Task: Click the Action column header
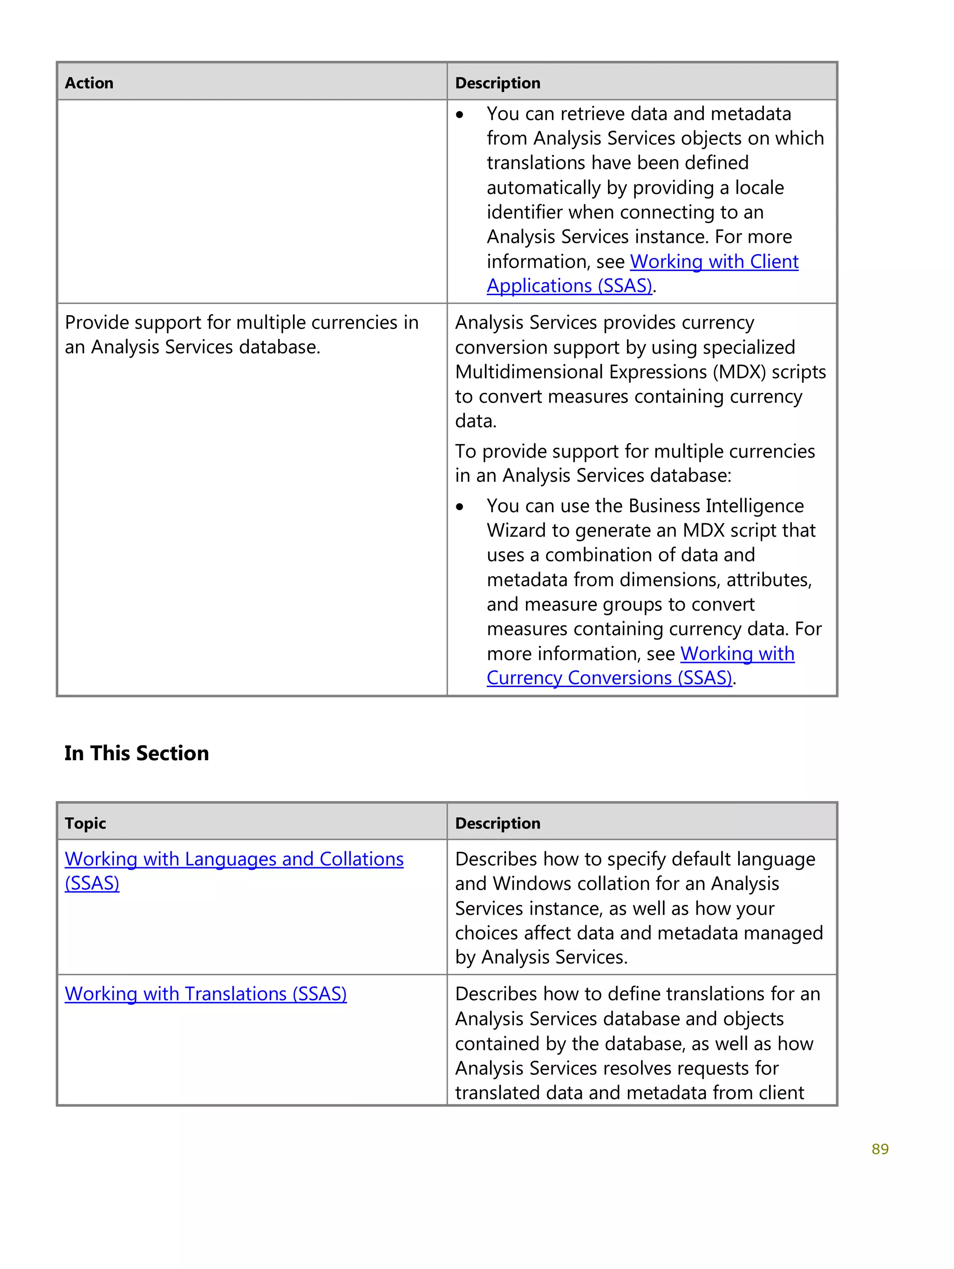click(89, 83)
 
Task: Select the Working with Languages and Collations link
click(234, 859)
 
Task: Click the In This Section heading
click(136, 753)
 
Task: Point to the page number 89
click(879, 1149)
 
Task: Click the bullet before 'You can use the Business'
click(460, 507)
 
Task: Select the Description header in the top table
click(497, 83)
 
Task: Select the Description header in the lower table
click(497, 823)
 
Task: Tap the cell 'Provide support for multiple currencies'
click(241, 334)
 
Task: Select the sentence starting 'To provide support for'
click(634, 463)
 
